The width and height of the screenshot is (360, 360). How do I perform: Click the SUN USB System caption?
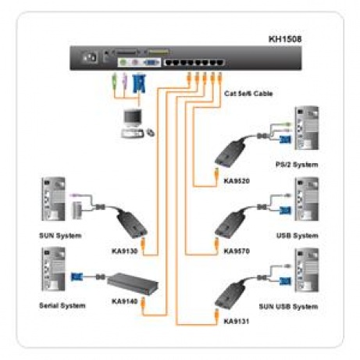(x=292, y=307)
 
